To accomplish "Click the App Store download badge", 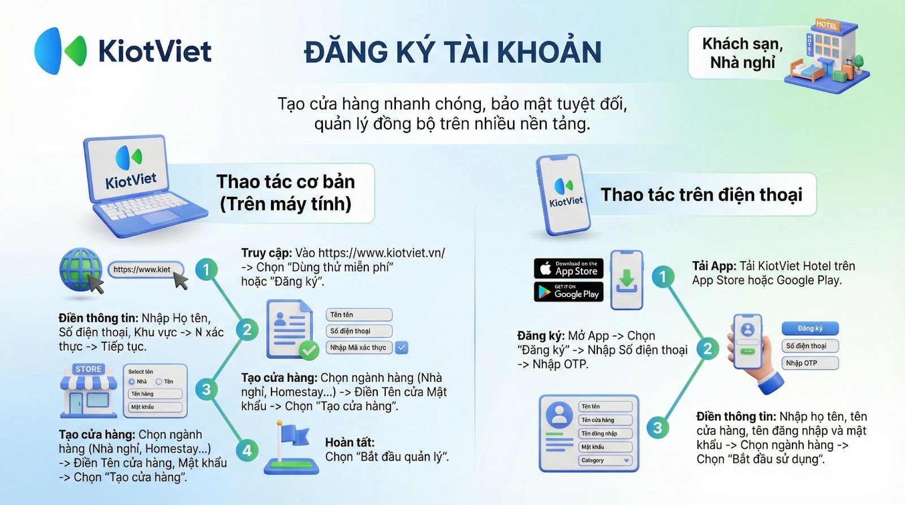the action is pos(568,269).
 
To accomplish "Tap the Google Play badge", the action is pos(568,292).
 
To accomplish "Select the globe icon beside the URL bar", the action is pos(81,270).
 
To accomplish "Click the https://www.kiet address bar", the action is pos(146,270).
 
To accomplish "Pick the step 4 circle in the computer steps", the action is pos(247,450).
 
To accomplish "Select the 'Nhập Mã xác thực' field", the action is pos(359,347).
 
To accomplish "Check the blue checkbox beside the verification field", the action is pos(401,347).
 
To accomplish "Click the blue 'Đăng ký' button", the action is pos(810,329).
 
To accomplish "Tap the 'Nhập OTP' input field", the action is pos(810,363).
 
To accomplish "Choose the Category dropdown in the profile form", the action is pos(605,460).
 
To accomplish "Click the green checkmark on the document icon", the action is pos(309,350).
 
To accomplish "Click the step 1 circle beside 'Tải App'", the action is pos(663,277).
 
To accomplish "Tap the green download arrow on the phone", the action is pos(627,280).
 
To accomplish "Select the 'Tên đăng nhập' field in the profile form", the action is pos(605,434).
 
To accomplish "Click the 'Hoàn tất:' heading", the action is pos(350,442).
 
